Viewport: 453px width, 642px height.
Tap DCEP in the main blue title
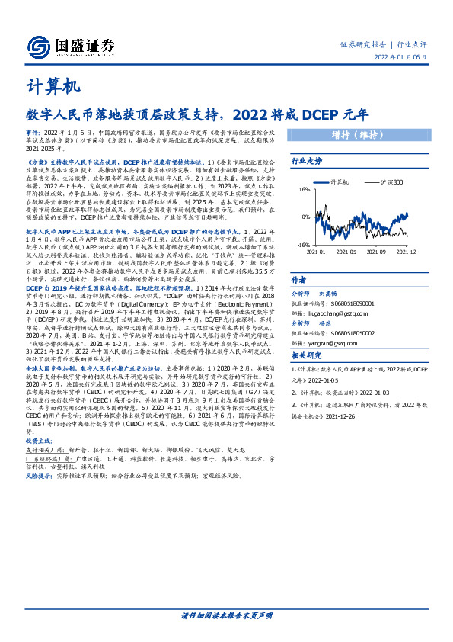[x=321, y=116]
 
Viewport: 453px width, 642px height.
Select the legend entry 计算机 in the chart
[x=340, y=184]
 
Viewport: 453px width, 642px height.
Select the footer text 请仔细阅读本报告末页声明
[x=226, y=615]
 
